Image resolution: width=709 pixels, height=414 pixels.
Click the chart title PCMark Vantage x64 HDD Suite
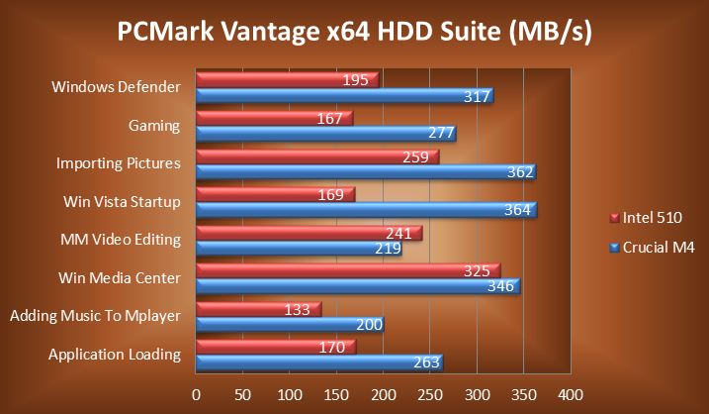tap(354, 33)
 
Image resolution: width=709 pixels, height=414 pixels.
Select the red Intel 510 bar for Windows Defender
tap(287, 78)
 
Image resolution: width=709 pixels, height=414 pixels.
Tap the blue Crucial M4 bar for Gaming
tap(325, 134)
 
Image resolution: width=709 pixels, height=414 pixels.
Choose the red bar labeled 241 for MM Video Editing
tap(309, 233)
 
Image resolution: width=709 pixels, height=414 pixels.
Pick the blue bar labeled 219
tap(299, 249)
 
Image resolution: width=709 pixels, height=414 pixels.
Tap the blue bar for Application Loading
tap(318, 362)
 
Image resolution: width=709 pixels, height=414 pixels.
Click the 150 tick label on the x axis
tap(336, 394)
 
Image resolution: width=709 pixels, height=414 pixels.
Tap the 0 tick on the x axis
tap(197, 394)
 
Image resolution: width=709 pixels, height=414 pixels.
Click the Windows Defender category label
tap(116, 87)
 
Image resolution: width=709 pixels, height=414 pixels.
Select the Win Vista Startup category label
tap(122, 202)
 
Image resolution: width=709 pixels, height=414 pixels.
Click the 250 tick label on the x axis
tap(430, 394)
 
